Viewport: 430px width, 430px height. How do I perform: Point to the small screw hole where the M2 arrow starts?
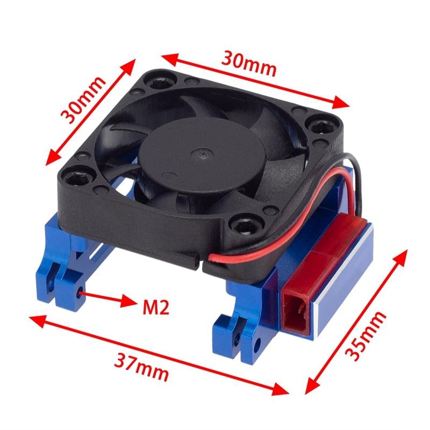tap(81, 293)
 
